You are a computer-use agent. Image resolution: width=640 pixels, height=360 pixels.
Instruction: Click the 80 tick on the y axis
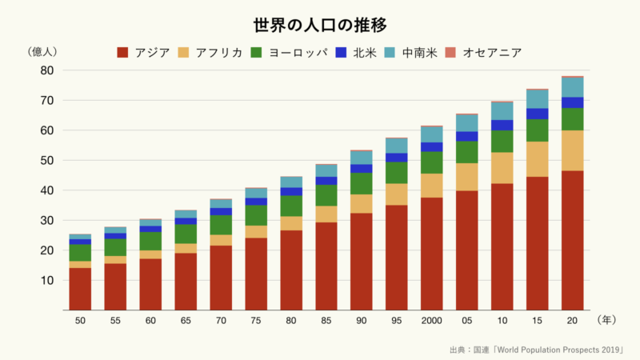pyautogui.click(x=46, y=70)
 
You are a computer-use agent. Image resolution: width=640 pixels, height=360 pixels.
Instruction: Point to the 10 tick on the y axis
pyautogui.click(x=46, y=280)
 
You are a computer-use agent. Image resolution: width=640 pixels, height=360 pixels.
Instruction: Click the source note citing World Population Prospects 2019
pyautogui.click(x=536, y=350)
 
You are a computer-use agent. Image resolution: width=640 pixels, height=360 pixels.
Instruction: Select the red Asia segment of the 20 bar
pyautogui.click(x=572, y=240)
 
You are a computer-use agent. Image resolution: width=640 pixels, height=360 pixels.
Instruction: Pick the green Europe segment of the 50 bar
pyautogui.click(x=80, y=253)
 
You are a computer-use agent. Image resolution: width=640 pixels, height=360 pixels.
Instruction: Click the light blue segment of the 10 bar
pyautogui.click(x=502, y=110)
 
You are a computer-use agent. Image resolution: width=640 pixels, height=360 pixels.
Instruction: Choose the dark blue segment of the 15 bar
pyautogui.click(x=537, y=114)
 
